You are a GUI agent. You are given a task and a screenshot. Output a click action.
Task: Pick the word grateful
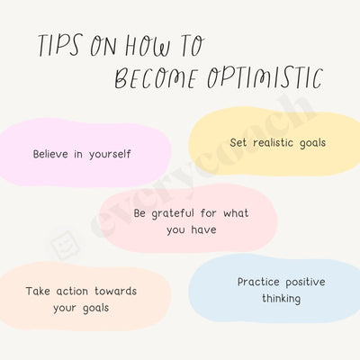pyautogui.click(x=182, y=213)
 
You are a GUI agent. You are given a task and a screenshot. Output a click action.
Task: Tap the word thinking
pyautogui.click(x=281, y=298)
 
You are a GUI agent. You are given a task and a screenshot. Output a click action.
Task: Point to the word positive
pyautogui.click(x=306, y=282)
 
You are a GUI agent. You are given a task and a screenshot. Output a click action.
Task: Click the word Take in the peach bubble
pyautogui.click(x=39, y=291)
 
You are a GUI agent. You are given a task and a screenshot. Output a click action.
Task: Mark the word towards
pyautogui.click(x=121, y=291)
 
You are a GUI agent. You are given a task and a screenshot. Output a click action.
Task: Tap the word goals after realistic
pyautogui.click(x=310, y=142)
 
